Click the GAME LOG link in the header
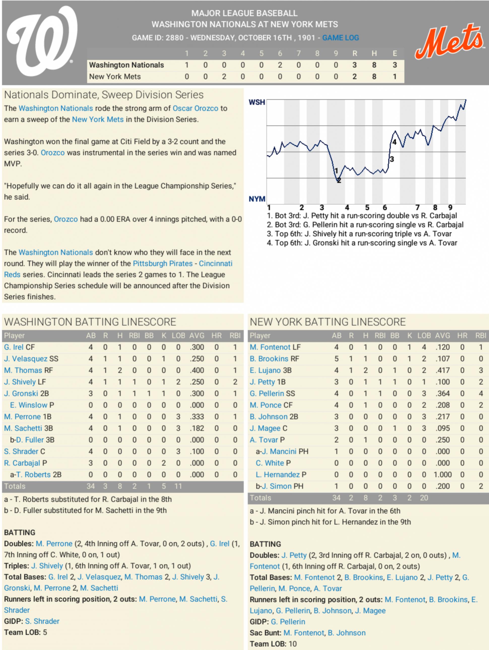pos(340,38)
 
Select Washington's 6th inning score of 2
pos(280,65)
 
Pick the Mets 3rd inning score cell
pos(224,77)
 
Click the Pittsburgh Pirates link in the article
pos(162,263)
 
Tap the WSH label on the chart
pos(257,102)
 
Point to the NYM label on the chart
pos(257,199)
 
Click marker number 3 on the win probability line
pos(392,159)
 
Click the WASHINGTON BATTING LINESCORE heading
pos(90,322)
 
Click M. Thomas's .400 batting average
pos(197,370)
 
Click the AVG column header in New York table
pos(442,335)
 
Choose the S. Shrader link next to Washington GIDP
pos(42,621)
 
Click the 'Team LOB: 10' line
pos(273,644)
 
